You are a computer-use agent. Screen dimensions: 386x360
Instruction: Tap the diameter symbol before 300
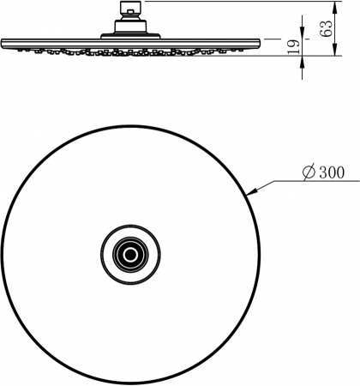point(309,173)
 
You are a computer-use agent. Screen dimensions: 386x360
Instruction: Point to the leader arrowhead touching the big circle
point(249,195)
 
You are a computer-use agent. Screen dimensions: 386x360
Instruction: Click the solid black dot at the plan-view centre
point(130,253)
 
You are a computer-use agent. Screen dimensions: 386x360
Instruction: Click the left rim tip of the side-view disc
point(3,45)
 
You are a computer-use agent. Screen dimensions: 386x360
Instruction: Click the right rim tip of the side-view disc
point(259,45)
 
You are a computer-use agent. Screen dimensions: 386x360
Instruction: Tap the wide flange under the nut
point(131,36)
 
